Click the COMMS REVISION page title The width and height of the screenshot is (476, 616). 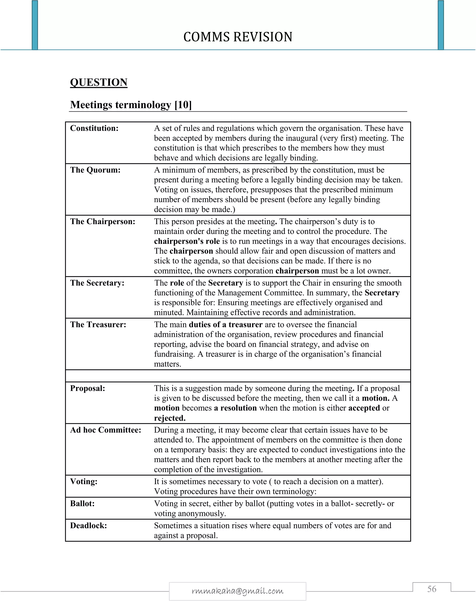(x=238, y=37)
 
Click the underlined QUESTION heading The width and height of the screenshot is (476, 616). (x=99, y=82)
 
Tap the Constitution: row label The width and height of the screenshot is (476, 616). (x=94, y=128)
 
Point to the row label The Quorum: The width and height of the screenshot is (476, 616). (x=95, y=170)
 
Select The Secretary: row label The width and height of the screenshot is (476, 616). (x=97, y=283)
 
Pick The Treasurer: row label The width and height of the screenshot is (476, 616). (x=98, y=325)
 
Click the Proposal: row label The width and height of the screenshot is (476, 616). (x=87, y=388)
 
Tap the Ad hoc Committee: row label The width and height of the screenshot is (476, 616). (x=106, y=430)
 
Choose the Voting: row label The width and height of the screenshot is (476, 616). (x=84, y=481)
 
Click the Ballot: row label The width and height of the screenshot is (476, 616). (x=82, y=503)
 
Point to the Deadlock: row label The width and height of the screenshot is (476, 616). (x=89, y=526)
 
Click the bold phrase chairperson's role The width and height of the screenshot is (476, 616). (x=187, y=242)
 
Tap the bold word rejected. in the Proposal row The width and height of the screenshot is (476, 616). (x=170, y=418)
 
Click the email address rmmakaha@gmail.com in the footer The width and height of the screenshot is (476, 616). (x=238, y=591)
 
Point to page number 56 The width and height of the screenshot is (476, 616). (x=431, y=589)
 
